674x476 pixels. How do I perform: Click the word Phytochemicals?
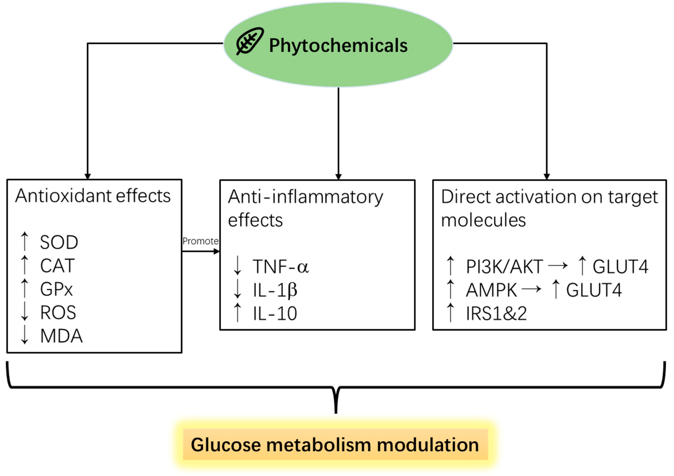[338, 45]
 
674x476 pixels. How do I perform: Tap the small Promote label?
[201, 241]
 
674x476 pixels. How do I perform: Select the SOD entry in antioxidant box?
[59, 243]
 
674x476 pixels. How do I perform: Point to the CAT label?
[57, 266]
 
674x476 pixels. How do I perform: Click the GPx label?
[56, 289]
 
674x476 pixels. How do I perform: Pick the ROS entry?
[58, 312]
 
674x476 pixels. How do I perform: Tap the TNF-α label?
[281, 267]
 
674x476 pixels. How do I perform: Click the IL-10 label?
[275, 314]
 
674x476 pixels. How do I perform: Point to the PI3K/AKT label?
[504, 267]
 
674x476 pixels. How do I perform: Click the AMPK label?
[491, 290]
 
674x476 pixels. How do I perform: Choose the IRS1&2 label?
[496, 314]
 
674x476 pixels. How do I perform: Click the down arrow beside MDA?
[25, 335]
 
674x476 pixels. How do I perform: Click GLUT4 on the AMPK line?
[594, 290]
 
